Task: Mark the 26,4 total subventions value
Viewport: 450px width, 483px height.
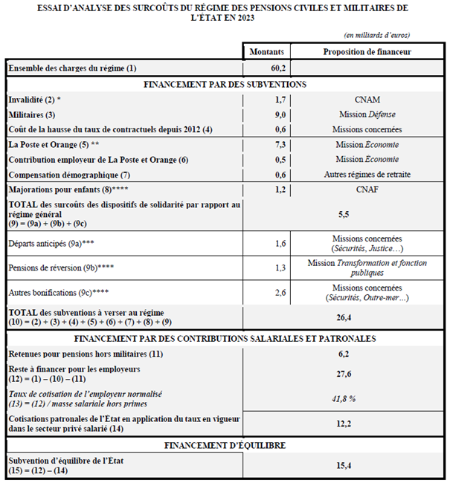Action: pos(344,317)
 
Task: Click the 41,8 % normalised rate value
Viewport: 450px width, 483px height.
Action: pos(344,398)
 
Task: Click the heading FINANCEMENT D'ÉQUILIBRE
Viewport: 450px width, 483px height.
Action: pos(224,445)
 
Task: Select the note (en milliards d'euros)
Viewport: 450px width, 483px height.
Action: pos(377,35)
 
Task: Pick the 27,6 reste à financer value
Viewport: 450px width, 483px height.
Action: pos(344,373)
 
